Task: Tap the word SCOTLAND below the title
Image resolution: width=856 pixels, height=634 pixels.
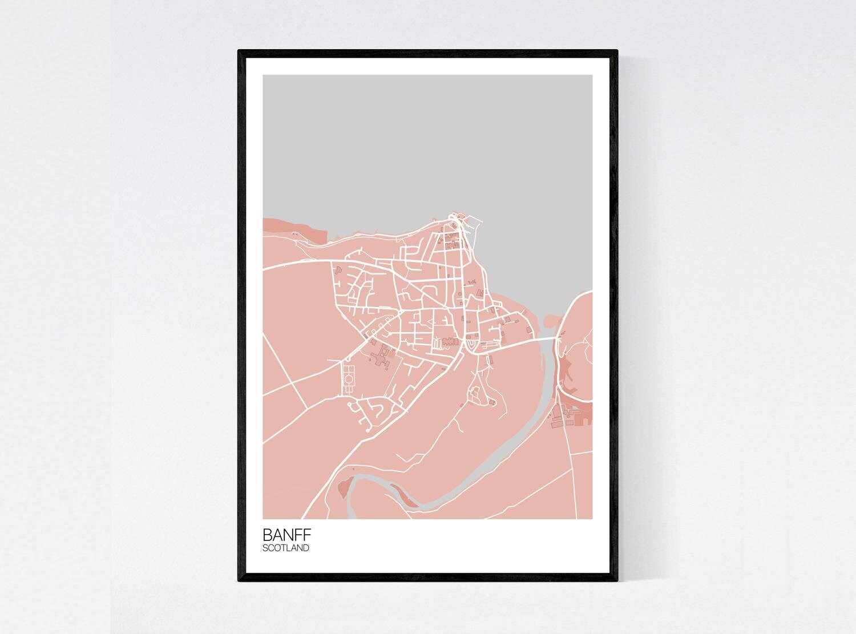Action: (286, 548)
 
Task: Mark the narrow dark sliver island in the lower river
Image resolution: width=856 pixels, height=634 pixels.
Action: (406, 500)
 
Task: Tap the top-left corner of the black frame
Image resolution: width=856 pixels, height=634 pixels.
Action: (240, 52)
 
